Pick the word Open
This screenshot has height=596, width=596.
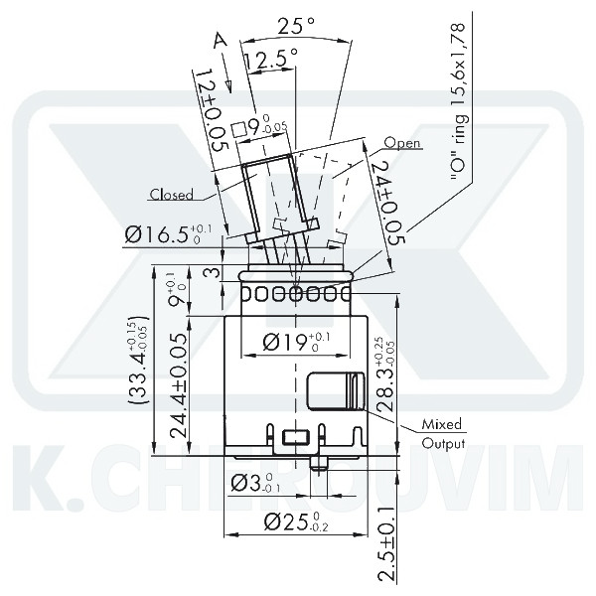[x=402, y=143]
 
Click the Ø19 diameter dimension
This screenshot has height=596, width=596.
[x=295, y=343]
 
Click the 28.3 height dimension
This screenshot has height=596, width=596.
[x=388, y=374]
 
